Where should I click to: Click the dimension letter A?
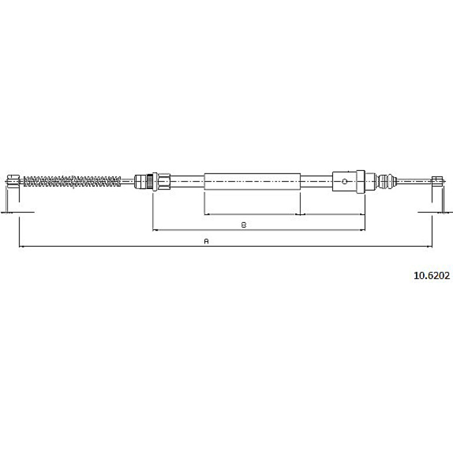206,241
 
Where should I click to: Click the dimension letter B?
244,225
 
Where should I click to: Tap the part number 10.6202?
432,275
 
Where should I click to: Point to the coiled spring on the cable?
72,181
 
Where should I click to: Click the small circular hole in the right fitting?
344,181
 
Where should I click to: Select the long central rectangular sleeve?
252,181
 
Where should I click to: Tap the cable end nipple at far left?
14,181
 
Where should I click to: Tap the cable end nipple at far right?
437,181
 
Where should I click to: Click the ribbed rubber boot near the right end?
386,181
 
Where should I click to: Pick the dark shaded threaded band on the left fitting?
149,181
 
